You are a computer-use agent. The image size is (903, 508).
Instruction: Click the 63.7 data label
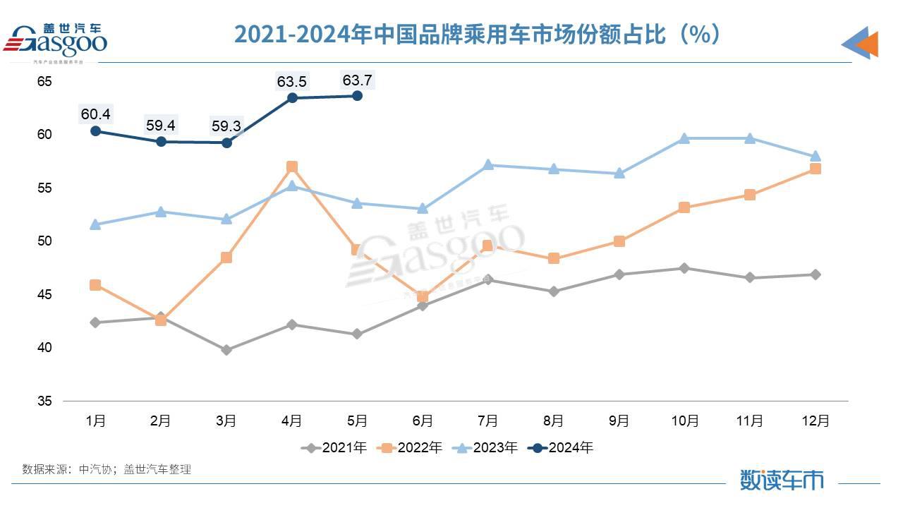pos(357,80)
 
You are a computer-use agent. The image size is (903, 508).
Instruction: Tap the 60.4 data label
pos(95,114)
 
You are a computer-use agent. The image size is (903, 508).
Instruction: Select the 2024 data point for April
pos(291,97)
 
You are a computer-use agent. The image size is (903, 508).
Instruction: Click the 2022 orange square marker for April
pos(291,167)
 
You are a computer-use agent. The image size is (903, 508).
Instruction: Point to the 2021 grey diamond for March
pos(226,350)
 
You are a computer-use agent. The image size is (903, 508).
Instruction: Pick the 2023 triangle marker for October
pos(684,138)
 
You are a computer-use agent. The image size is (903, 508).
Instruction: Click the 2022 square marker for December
pos(815,169)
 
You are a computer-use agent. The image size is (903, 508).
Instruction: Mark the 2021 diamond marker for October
pos(684,268)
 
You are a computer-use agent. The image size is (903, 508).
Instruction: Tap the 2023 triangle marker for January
pos(95,224)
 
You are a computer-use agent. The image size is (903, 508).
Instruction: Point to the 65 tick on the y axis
pos(44,81)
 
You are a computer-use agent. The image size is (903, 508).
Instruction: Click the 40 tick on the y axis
pos(44,348)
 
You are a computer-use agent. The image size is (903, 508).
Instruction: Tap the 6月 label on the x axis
pos(422,421)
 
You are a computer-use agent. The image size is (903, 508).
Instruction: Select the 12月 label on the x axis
pos(815,421)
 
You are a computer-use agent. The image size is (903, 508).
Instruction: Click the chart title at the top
pos(477,33)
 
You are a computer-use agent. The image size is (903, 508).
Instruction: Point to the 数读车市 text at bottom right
pos(782,480)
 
